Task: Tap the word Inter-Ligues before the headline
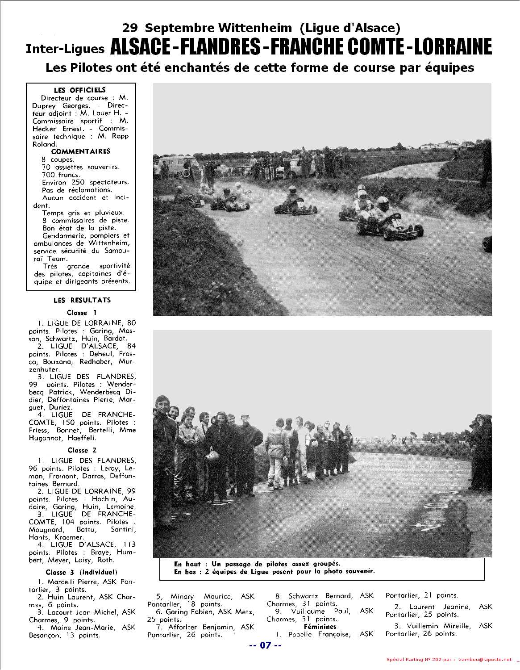click(65, 49)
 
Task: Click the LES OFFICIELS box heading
click(79, 90)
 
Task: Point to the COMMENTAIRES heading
click(80, 151)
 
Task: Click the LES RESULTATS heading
click(82, 300)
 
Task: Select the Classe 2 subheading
click(82, 450)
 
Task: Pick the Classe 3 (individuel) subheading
click(82, 572)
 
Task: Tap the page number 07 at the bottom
click(266, 645)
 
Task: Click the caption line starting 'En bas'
click(274, 571)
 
